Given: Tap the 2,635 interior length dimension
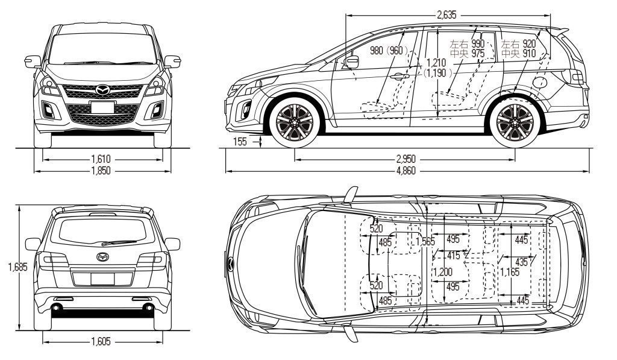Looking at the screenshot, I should coord(447,16).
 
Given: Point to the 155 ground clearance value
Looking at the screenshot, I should coord(239,141).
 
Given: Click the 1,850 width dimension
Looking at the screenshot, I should coord(101,171).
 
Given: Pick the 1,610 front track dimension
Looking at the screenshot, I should coord(101,159).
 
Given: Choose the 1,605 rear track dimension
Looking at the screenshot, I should coord(101,342).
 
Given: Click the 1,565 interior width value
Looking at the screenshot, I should coord(424,242).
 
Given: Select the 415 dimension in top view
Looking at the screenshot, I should coord(453,256).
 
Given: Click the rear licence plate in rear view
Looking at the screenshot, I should coord(102,279).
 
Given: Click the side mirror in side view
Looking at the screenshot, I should coord(351,62).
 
